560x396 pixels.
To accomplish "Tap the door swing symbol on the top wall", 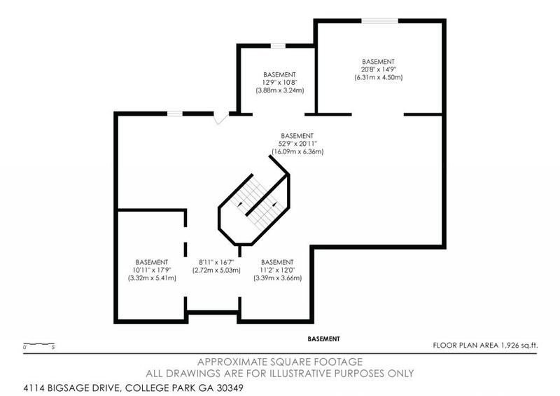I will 220,118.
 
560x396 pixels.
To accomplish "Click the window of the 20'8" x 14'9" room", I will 380,21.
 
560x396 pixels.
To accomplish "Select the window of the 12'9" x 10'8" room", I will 279,46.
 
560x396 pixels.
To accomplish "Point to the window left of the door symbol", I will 174,114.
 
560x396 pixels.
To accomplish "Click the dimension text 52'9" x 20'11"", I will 297,144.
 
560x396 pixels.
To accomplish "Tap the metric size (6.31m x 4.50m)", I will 379,77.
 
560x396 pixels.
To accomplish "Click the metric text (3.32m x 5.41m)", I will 152,278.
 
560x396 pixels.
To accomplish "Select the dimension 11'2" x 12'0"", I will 277,270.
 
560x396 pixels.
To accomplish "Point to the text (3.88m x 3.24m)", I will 279,90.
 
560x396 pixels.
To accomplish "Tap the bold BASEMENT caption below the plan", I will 323,339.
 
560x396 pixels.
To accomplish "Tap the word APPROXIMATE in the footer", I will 235,362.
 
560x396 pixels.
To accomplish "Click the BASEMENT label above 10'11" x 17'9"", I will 152,261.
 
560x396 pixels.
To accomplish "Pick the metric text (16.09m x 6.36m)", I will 297,152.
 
